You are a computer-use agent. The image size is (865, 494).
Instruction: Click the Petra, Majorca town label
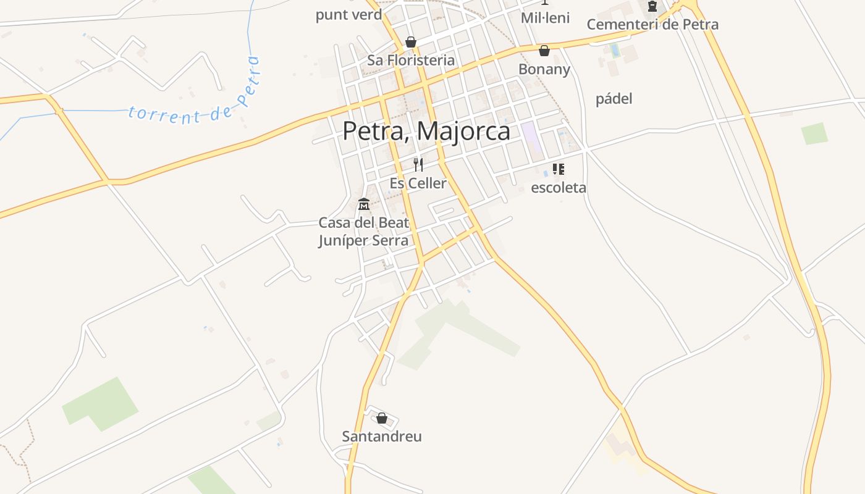point(426,131)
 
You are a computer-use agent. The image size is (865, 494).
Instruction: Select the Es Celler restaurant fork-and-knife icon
point(418,165)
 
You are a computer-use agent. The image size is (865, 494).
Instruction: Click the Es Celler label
point(418,183)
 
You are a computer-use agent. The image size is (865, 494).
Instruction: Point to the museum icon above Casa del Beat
point(364,204)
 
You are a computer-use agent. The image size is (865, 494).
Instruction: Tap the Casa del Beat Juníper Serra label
point(363,232)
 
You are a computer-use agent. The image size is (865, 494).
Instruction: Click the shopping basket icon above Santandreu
point(382,418)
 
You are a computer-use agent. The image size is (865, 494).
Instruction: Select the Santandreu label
point(382,437)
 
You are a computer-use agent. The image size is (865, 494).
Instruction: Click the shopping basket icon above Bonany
point(544,51)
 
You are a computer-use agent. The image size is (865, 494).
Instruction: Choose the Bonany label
point(544,69)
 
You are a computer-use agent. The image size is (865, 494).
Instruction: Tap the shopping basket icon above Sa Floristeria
point(410,42)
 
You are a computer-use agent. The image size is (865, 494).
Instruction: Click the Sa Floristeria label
point(411,61)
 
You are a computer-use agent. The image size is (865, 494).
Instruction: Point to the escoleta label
point(559,188)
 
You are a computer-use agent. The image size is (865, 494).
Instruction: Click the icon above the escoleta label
point(559,169)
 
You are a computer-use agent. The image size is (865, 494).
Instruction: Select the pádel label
point(614,99)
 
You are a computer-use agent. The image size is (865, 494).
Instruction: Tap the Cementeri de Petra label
point(652,25)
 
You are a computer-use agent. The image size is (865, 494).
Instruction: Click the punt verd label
point(348,15)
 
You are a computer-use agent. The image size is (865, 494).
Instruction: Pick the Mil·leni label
point(545,17)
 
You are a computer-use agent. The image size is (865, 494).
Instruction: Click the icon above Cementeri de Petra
point(652,7)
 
